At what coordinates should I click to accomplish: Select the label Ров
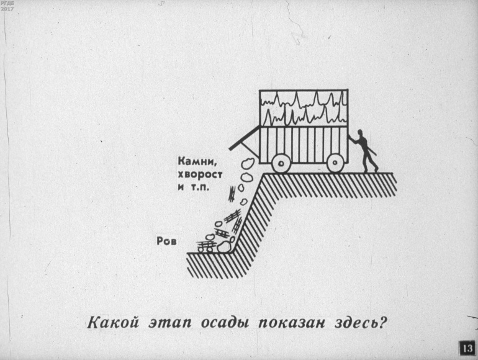click(166, 241)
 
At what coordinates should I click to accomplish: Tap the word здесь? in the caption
click(359, 323)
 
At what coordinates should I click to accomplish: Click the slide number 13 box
click(467, 348)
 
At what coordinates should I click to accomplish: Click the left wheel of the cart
click(281, 163)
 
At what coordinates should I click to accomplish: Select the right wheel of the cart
click(335, 163)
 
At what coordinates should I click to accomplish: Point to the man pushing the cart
click(364, 151)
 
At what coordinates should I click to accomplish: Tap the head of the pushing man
click(360, 133)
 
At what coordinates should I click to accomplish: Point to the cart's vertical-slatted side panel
click(304, 145)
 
